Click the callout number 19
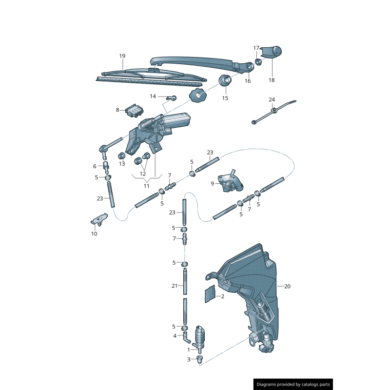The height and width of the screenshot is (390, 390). coord(122,56)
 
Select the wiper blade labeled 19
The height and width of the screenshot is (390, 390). coord(151,77)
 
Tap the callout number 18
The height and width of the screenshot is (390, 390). coord(272,80)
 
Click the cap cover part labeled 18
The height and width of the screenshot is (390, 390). coord(272,52)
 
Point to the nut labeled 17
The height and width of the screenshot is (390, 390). coord(258,61)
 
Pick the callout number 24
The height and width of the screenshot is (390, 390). coord(272,99)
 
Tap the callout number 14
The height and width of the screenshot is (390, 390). coord(153,96)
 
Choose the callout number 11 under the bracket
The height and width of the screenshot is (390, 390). coord(147,186)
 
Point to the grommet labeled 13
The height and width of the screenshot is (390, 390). coord(121,156)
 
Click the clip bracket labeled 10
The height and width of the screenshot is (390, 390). coord(99,219)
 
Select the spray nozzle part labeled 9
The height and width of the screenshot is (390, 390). coord(230,181)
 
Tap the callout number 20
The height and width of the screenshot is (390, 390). coord(287,286)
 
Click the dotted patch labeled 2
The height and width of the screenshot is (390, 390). coord(210,294)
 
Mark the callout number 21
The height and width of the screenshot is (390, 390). coord(175,286)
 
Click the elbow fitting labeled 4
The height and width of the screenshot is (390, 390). coord(186,337)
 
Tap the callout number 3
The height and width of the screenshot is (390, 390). coord(189,359)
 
